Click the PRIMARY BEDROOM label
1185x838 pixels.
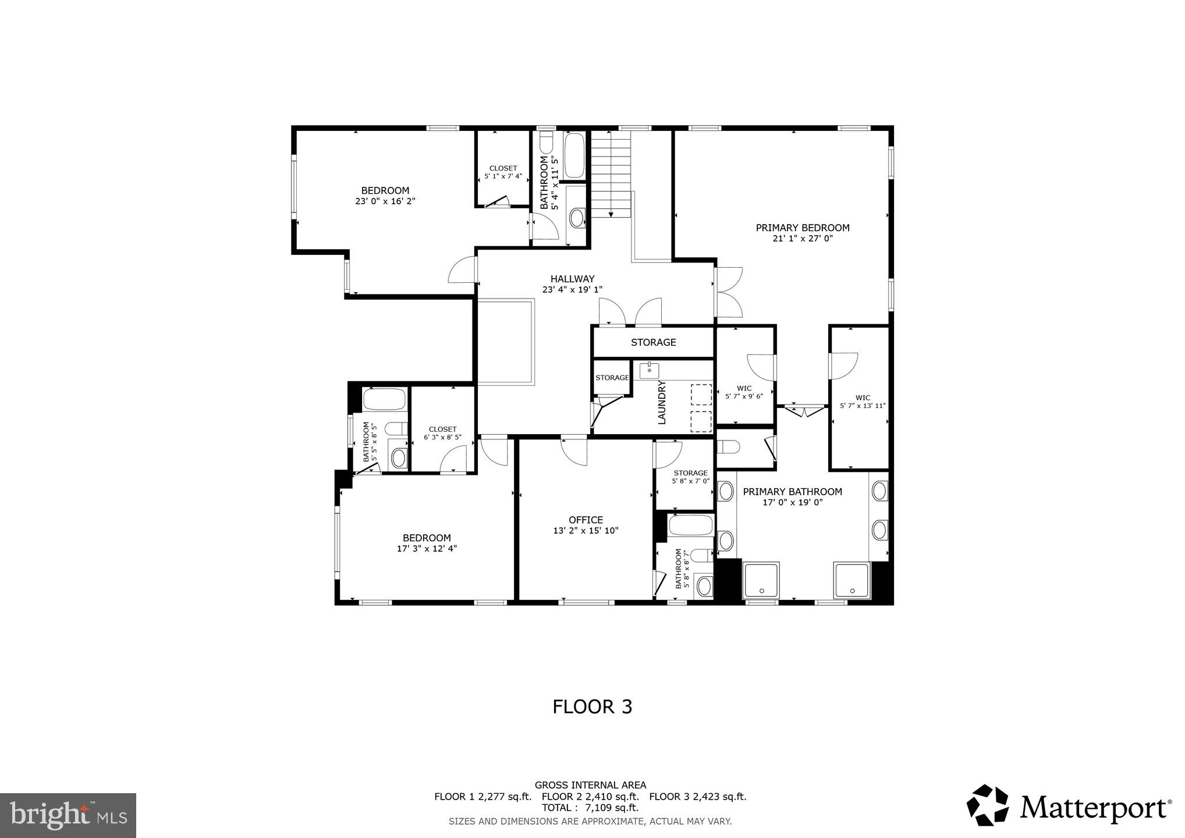803,228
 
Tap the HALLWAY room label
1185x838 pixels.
572,279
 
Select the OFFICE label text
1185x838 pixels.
586,520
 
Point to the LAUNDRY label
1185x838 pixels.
662,403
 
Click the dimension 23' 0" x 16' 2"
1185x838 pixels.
385,201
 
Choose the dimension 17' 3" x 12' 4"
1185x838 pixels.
427,548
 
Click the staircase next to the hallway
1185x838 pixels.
611,174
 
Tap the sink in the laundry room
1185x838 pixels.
649,370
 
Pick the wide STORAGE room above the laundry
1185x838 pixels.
653,342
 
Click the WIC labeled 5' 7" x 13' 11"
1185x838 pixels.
863,402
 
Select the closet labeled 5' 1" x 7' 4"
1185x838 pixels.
503,172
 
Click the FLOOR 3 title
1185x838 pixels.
592,706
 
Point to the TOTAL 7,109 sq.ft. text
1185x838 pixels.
590,808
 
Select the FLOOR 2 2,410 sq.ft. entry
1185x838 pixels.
590,797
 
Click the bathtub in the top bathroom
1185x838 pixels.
574,156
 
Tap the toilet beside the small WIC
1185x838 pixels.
729,447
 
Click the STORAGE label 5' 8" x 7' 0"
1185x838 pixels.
690,477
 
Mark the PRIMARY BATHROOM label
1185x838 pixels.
792,492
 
